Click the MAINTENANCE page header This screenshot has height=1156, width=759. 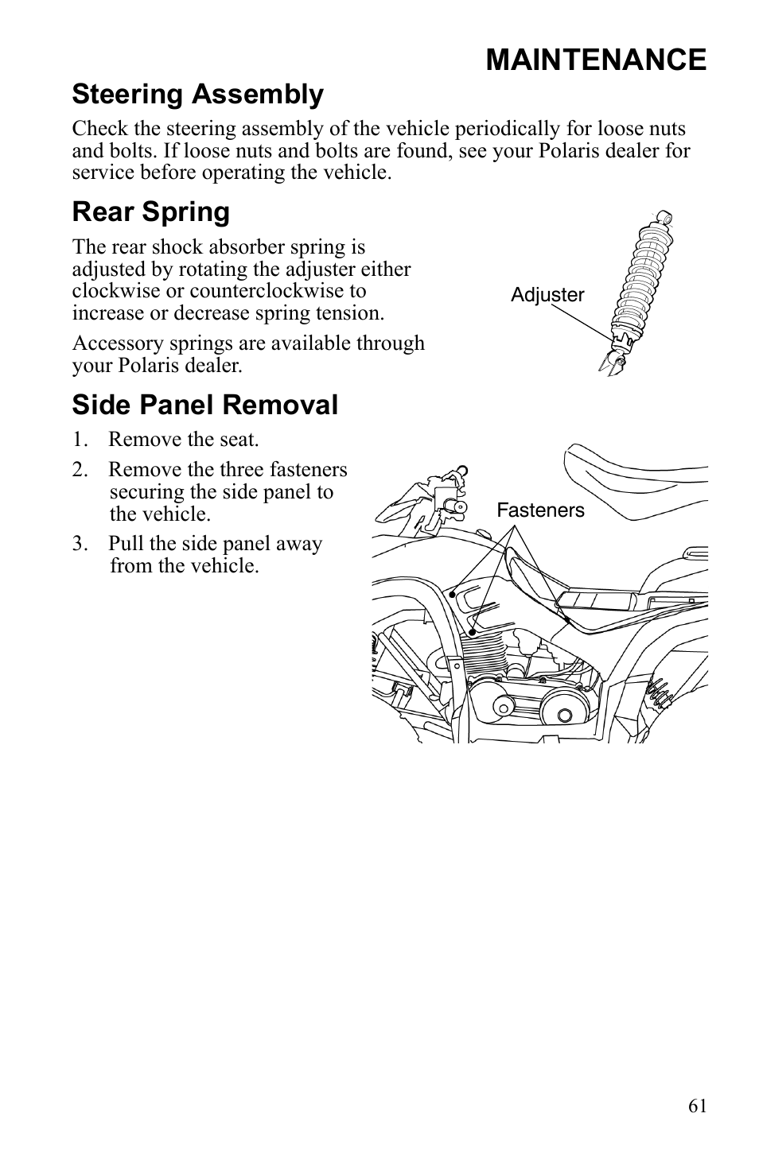tap(595, 60)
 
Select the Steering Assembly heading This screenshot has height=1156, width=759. tap(197, 95)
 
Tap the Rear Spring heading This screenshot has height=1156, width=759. tap(150, 212)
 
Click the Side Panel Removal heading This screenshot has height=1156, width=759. tap(204, 405)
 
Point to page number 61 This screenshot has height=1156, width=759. tap(697, 1106)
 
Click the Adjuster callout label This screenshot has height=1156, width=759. tap(547, 295)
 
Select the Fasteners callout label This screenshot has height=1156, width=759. tap(540, 510)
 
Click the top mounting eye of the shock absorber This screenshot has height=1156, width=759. tap(665, 217)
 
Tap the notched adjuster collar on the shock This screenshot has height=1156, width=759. tap(621, 344)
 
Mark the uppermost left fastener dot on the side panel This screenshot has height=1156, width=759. tap(452, 594)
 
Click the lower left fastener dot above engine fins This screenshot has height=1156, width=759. tap(473, 633)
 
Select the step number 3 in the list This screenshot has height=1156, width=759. tap(78, 545)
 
